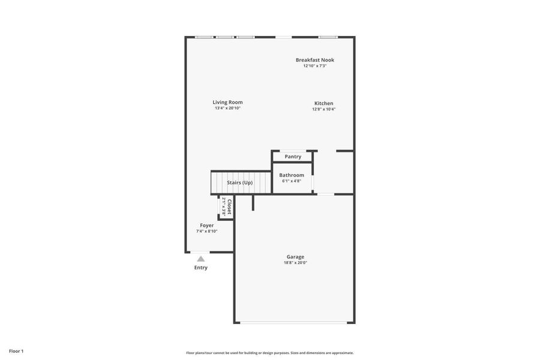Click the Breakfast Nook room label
tap(315, 60)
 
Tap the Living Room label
tap(227, 103)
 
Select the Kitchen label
tap(324, 103)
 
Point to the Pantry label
tap(293, 157)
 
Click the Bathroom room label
tap(292, 175)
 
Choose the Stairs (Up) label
tap(239, 182)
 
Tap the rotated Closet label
tap(229, 206)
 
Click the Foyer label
tap(206, 226)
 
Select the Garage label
tap(295, 257)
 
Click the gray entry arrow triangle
tap(201, 259)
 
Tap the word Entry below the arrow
tap(201, 268)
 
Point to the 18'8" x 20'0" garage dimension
tap(295, 263)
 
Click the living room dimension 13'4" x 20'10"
tap(227, 108)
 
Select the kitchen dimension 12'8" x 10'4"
tap(324, 109)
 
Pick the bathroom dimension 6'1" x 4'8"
tap(292, 181)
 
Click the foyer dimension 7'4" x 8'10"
tap(206, 231)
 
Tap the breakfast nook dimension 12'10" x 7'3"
tap(315, 66)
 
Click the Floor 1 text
tap(16, 352)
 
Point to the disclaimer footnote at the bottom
tap(270, 353)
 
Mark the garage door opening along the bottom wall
tap(293, 323)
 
